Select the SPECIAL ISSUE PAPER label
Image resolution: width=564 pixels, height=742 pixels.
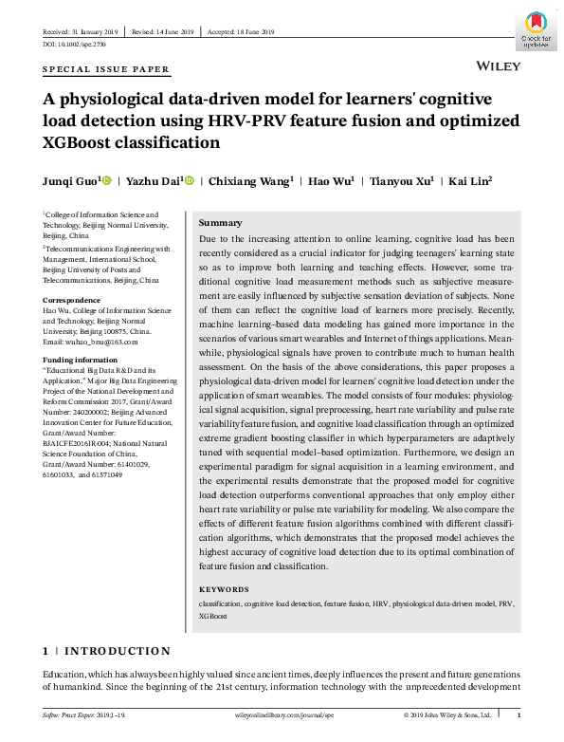pyautogui.click(x=106, y=70)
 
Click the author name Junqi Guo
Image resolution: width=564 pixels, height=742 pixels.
pyautogui.click(x=70, y=181)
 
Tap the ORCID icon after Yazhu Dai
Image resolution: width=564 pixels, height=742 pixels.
pyautogui.click(x=191, y=181)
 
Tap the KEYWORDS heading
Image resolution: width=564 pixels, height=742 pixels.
pyautogui.click(x=224, y=590)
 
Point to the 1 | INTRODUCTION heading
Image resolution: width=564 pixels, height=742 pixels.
pyautogui.click(x=106, y=652)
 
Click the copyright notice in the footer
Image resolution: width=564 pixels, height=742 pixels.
pyautogui.click(x=446, y=714)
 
